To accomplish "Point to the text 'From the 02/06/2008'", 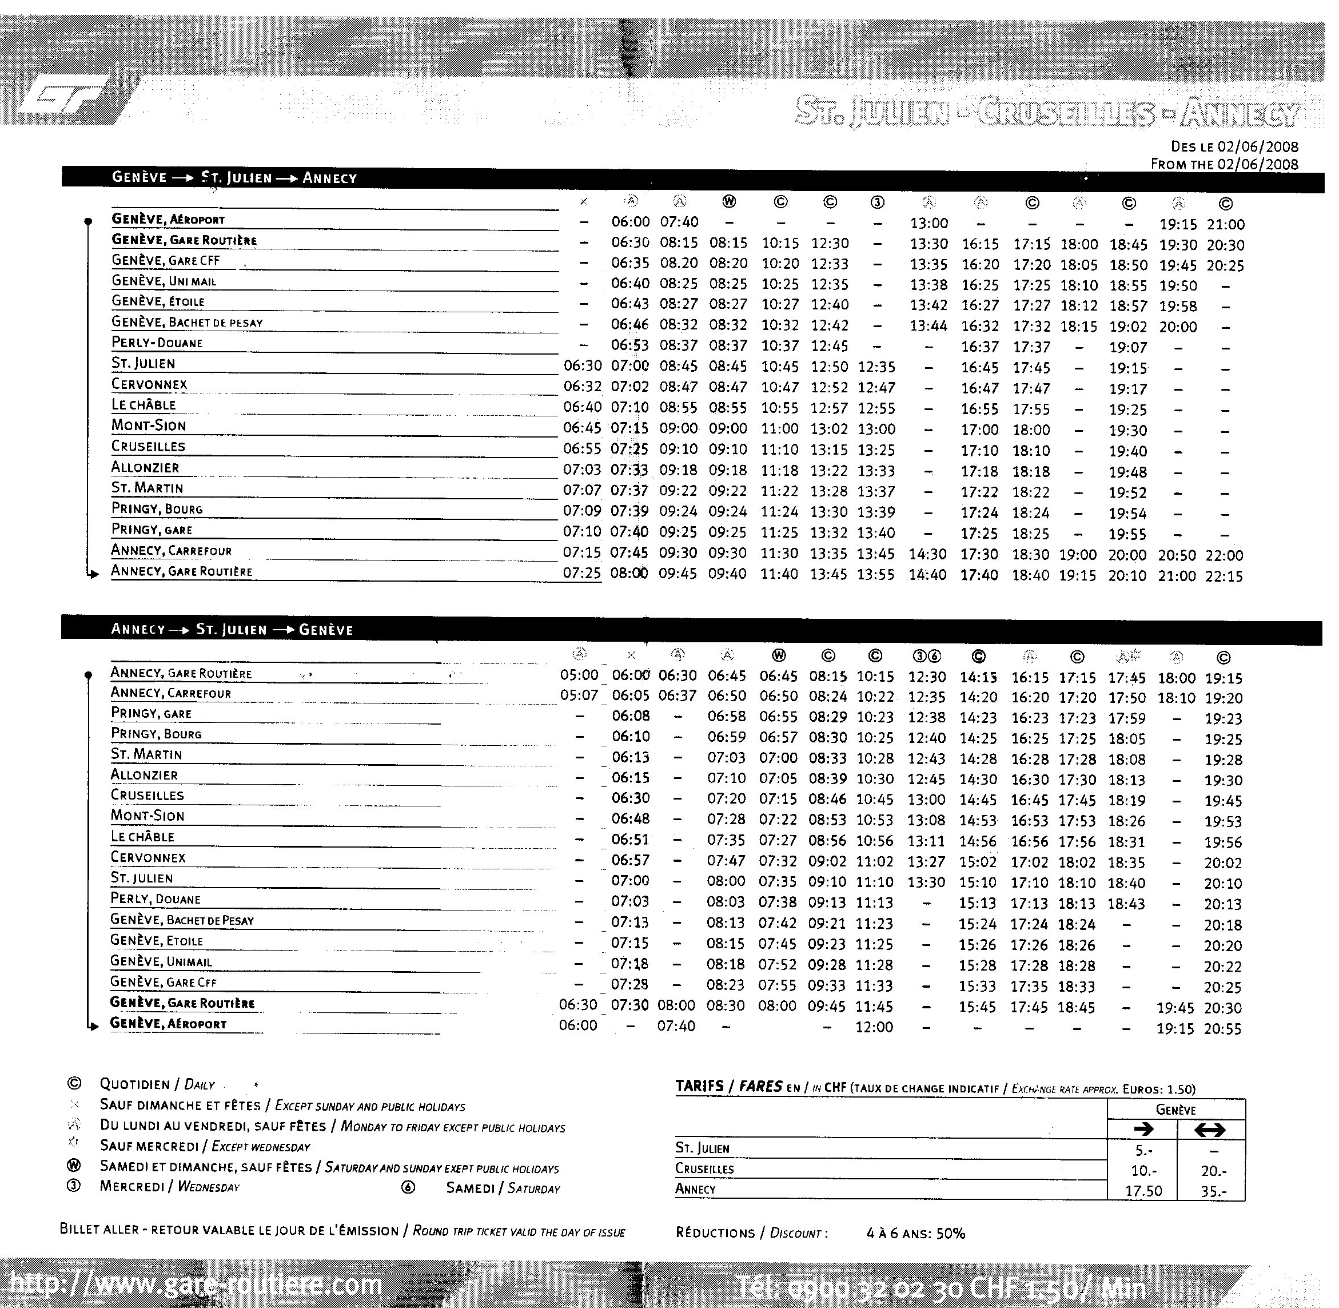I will tap(1224, 164).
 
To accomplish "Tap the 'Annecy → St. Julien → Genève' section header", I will tap(232, 629).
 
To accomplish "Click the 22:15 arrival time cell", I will tap(1224, 577).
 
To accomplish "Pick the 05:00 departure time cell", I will tap(579, 676).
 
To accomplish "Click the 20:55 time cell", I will tap(1222, 1028).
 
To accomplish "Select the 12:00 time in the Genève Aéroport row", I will tap(874, 1027).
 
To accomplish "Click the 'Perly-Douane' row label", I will tap(157, 343).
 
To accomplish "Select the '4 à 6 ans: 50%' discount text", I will tap(915, 1233).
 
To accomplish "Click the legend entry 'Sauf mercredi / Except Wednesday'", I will tap(205, 1146).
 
